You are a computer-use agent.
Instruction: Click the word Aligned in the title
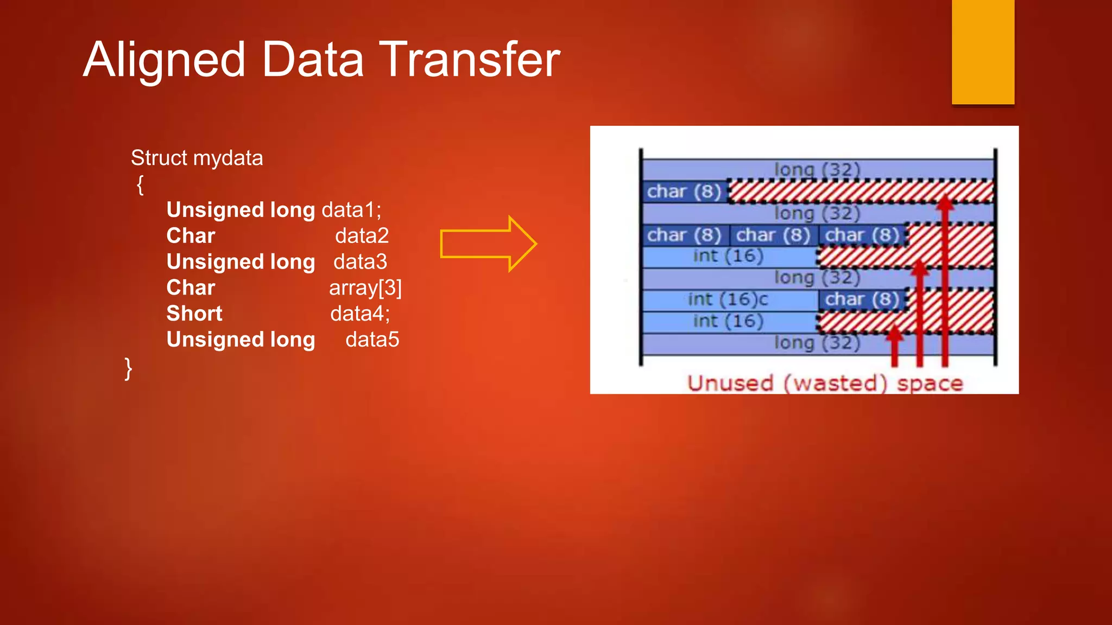tap(164, 60)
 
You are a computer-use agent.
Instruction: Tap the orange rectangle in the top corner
tap(983, 52)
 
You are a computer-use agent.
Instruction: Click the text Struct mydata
tap(197, 158)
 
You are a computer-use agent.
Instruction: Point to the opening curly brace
tap(140, 184)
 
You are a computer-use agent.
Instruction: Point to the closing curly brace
tap(128, 368)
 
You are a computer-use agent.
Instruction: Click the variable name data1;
tap(352, 210)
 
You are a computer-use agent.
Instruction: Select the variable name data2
tap(362, 236)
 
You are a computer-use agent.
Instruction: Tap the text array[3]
tap(365, 288)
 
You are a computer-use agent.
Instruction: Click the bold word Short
tap(194, 314)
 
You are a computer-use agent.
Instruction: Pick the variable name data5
tap(372, 340)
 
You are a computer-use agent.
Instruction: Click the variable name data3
tap(360, 262)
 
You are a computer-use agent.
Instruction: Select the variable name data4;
tap(359, 314)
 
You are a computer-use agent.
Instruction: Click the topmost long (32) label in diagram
tap(817, 169)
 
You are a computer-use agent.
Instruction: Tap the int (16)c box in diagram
tap(728, 299)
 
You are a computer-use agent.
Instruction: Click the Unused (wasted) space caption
tap(824, 383)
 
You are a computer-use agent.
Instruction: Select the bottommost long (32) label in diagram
tap(817, 343)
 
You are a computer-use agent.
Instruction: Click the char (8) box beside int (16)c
tap(862, 299)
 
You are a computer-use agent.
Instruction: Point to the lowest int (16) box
tap(728, 321)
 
